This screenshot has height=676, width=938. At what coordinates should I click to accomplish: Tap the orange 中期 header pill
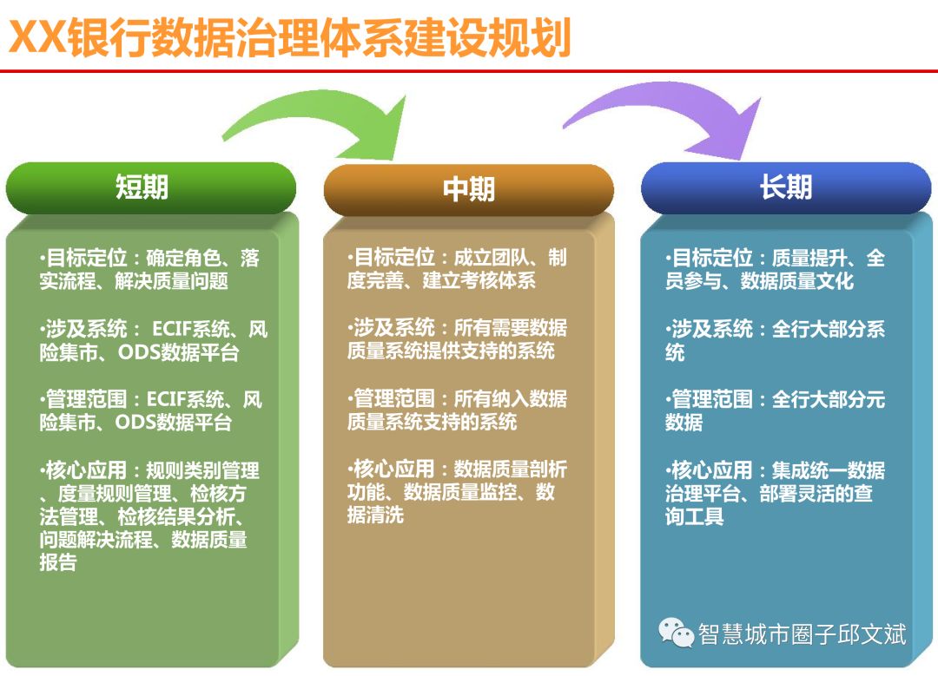click(x=468, y=189)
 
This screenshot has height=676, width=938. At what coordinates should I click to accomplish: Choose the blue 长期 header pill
click(x=786, y=187)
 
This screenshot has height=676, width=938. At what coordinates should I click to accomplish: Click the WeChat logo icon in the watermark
click(x=676, y=633)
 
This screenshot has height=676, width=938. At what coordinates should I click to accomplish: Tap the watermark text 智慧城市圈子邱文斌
click(x=802, y=633)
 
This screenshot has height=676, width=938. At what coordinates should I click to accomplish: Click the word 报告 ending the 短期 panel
click(x=58, y=562)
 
